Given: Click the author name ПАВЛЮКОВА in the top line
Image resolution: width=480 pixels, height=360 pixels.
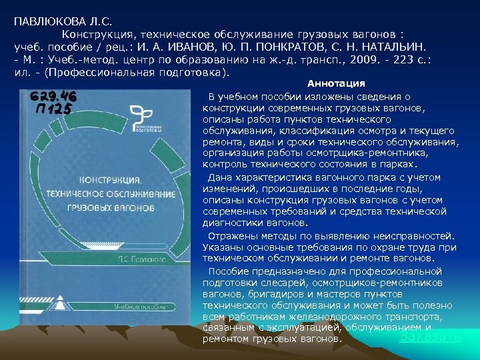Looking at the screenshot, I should [45, 21].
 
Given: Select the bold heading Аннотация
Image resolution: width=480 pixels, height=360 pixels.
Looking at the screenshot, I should [336, 83].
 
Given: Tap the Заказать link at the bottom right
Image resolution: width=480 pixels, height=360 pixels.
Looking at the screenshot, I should [430, 336].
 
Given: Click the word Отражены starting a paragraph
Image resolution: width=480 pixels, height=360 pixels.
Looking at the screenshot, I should [230, 235].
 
